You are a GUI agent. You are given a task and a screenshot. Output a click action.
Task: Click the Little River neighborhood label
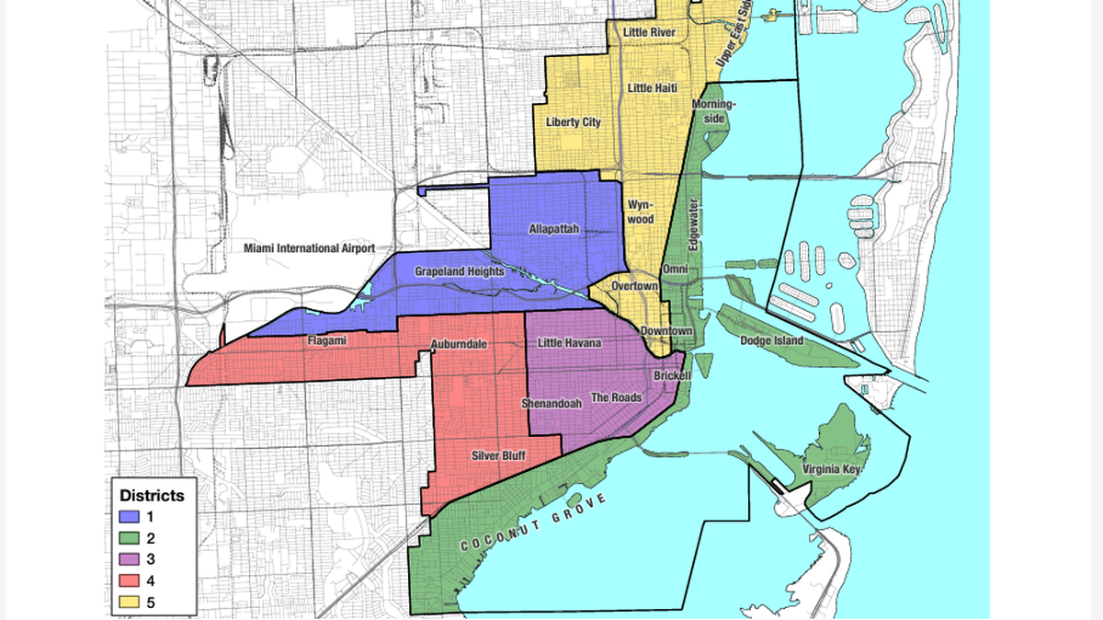point(649,32)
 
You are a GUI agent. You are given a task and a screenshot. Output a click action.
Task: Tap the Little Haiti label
point(652,87)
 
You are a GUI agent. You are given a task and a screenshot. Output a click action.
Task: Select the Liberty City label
point(573,121)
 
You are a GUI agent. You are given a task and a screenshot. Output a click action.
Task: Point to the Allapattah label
point(554,228)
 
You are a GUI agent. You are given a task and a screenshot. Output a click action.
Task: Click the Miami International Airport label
point(309,248)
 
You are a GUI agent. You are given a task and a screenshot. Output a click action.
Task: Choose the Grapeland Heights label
point(459,271)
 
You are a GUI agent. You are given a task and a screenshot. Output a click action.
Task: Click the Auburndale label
point(458,344)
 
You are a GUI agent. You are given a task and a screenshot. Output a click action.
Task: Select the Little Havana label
point(569,343)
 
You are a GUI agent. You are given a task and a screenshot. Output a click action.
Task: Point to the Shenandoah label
point(551,403)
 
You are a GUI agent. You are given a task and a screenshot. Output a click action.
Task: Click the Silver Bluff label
point(497,454)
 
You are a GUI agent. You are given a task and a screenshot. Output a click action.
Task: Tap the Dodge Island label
point(771,340)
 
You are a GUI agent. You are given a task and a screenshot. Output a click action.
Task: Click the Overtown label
point(634,286)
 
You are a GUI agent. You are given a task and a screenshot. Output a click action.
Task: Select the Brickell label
point(672,376)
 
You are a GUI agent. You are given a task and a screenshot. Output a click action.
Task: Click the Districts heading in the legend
point(152,495)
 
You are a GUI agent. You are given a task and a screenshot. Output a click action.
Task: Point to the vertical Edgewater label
point(694,224)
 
